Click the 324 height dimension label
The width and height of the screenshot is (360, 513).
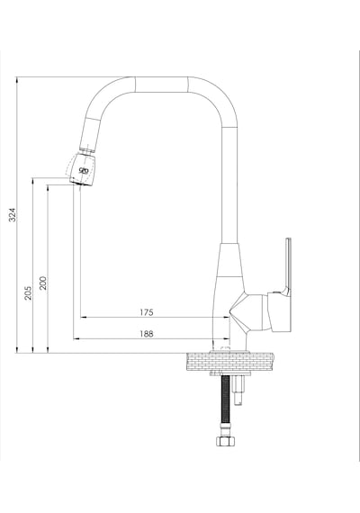pyautogui.click(x=12, y=214)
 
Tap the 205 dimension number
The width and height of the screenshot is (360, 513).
pyautogui.click(x=28, y=293)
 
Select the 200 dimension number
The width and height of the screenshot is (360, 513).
pyautogui.click(x=43, y=283)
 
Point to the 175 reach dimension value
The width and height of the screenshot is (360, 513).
pyautogui.click(x=147, y=312)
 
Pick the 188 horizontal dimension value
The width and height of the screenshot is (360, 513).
pyautogui.click(x=147, y=334)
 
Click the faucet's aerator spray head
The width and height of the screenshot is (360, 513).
pyautogui.click(x=83, y=169)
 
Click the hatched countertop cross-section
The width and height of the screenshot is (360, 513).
pyautogui.click(x=230, y=362)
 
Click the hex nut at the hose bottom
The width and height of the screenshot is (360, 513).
pyautogui.click(x=226, y=441)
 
